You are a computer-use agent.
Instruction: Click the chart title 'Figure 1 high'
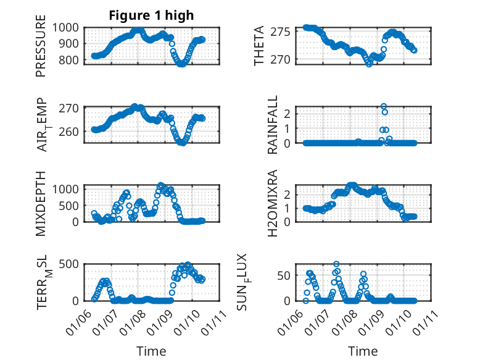(x=151, y=15)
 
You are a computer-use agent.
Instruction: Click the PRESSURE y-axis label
(x=41, y=50)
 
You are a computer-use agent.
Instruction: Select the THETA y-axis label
(x=260, y=46)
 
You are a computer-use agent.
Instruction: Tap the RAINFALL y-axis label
(x=272, y=125)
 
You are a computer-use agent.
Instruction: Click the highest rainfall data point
(x=384, y=107)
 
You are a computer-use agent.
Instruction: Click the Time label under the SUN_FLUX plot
(x=363, y=351)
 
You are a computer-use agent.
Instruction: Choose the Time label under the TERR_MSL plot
(x=151, y=351)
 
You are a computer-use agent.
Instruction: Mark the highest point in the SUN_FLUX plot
(x=336, y=264)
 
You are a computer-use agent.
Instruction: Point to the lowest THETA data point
(x=369, y=64)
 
